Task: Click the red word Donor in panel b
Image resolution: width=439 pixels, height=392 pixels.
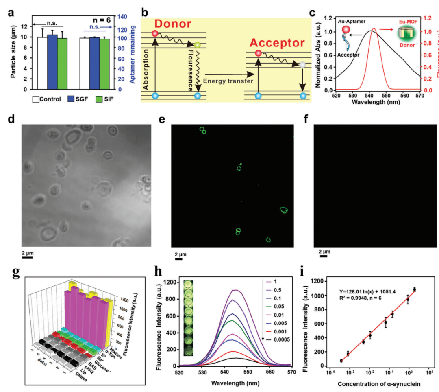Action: (172, 24)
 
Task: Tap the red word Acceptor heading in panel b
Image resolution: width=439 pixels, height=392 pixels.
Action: (277, 43)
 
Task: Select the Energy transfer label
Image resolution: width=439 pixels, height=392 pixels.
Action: (228, 81)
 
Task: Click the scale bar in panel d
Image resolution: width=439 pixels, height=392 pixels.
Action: (27, 257)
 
